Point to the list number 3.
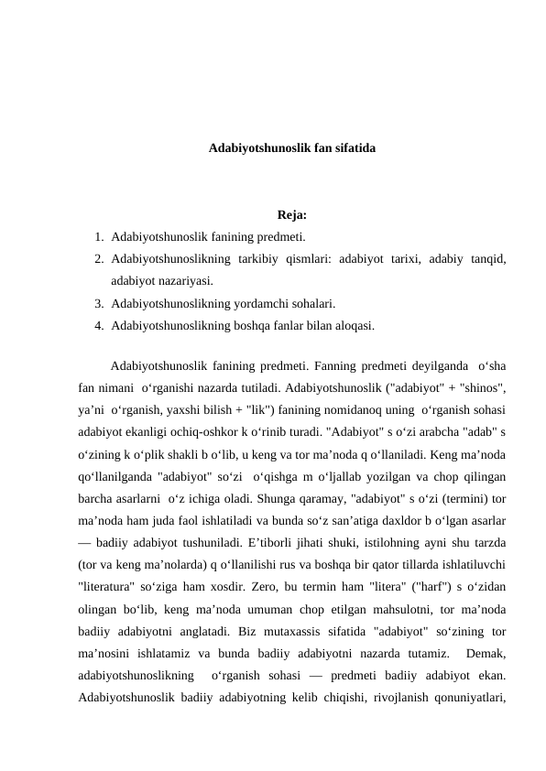(x=97, y=302)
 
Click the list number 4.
(x=97, y=323)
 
